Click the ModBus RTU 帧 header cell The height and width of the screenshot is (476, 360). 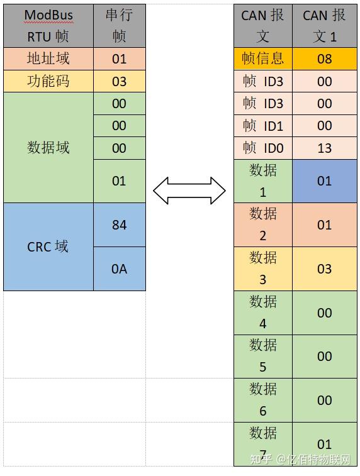point(48,26)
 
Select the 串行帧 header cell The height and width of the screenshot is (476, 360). point(119,26)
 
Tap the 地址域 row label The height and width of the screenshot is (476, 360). point(48,58)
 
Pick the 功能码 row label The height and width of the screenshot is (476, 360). point(48,81)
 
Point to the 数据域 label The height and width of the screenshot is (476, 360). point(48,148)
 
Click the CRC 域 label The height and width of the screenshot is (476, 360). point(48,246)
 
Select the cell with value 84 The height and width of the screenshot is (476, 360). point(119,224)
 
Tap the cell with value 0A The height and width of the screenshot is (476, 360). point(119,268)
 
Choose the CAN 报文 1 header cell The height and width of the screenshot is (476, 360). point(325,26)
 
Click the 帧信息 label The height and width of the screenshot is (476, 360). point(263,58)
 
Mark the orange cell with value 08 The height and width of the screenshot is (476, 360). point(325,58)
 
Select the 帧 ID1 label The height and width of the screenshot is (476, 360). point(263,126)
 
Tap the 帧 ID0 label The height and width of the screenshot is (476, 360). point(263,148)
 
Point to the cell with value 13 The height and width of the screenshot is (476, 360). point(325,148)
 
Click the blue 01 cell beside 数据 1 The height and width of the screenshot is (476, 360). point(325,181)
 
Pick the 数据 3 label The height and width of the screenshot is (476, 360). point(263,268)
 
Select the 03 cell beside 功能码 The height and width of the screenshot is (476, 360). point(119,81)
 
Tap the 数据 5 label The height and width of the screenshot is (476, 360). point(263,356)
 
